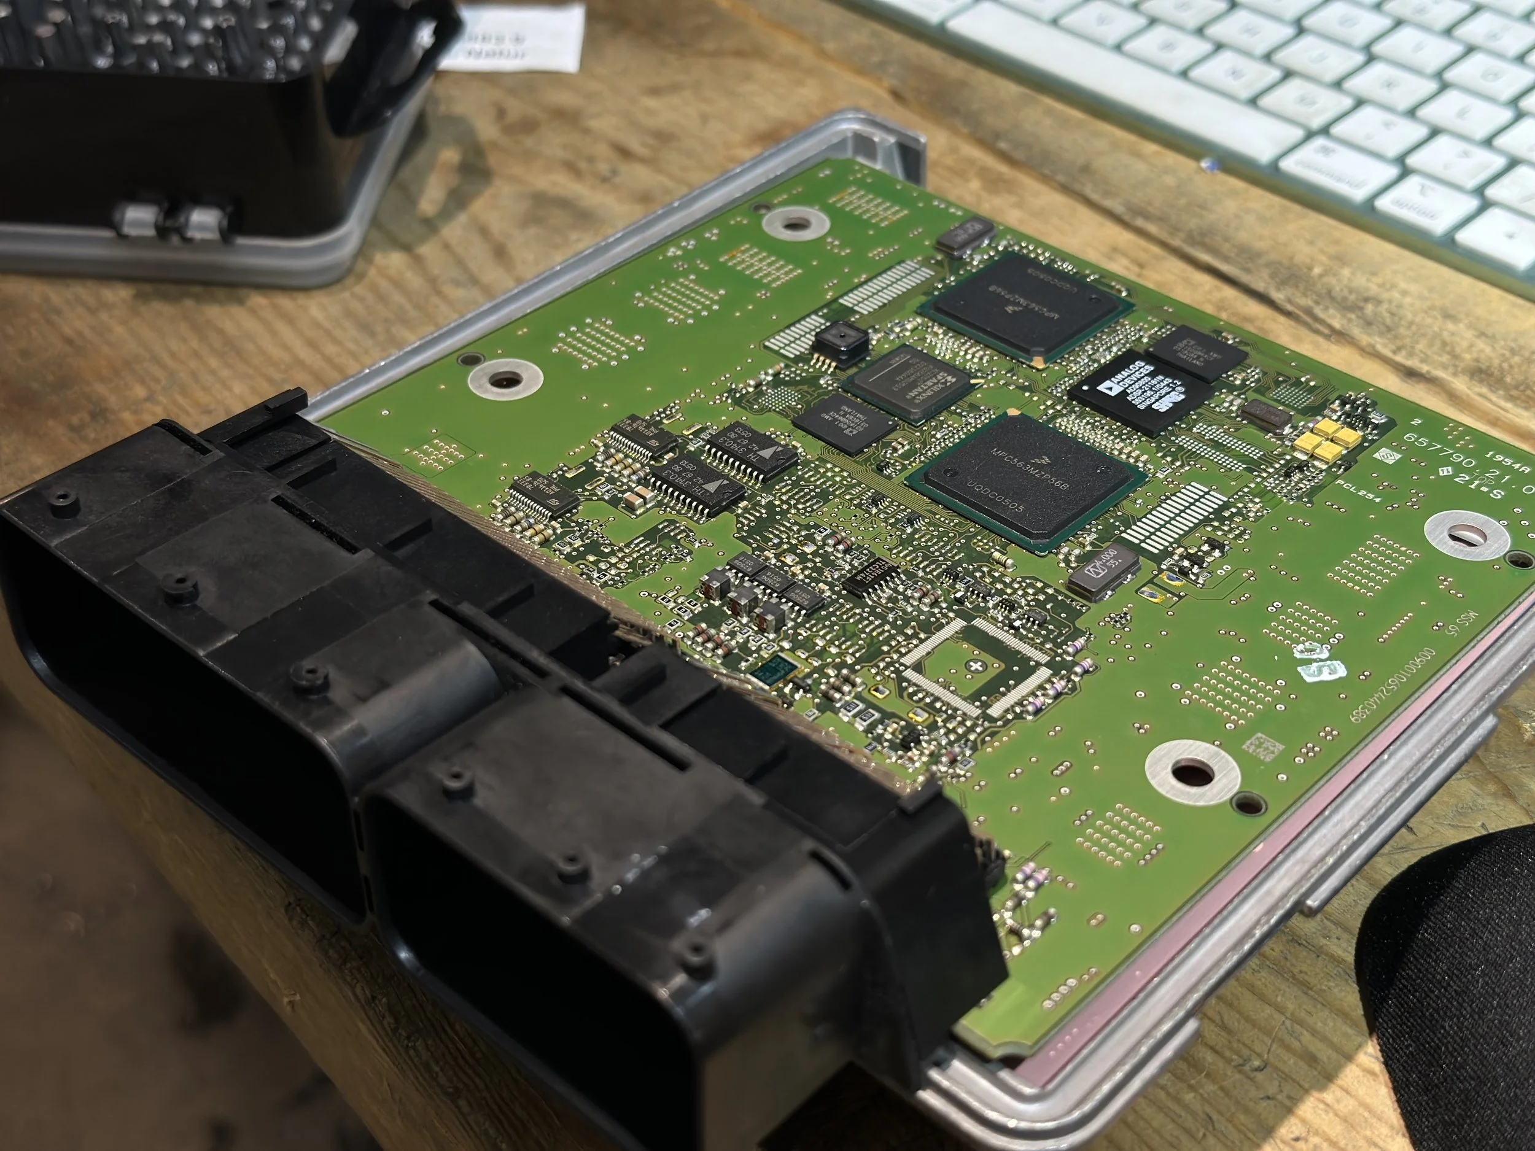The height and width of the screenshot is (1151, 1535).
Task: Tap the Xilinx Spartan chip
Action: (x=909, y=384)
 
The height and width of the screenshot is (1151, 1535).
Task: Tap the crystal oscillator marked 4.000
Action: (x=1105, y=570)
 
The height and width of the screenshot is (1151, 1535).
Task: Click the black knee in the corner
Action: (x=1450, y=999)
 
